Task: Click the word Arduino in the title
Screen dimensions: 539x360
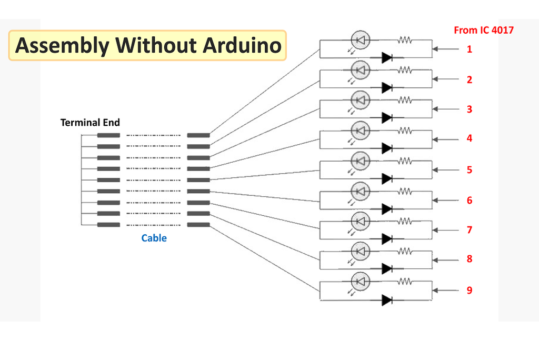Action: [x=242, y=45]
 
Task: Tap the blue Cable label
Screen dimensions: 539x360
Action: [x=154, y=238]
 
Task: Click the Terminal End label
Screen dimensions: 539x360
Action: [x=90, y=123]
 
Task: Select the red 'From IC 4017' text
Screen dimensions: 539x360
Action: [x=484, y=30]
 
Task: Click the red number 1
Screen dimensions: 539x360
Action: [x=469, y=49]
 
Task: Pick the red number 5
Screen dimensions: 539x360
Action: [x=469, y=170]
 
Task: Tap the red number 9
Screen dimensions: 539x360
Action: [x=469, y=290]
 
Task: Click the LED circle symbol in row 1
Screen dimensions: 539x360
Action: [x=360, y=40]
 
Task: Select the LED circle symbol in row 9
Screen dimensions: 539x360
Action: [x=360, y=282]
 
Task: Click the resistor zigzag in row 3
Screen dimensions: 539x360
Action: [x=405, y=101]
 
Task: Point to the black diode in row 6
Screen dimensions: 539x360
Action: [x=387, y=209]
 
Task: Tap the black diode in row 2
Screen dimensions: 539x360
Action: [x=387, y=88]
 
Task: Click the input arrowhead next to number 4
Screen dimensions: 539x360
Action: [x=435, y=139]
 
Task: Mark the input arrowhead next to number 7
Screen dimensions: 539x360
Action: [x=435, y=230]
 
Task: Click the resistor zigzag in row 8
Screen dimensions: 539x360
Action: [x=405, y=252]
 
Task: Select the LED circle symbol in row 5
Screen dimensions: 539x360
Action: [x=360, y=161]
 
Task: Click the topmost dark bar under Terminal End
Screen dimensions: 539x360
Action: [x=108, y=135]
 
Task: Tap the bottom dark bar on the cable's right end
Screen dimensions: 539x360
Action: [x=198, y=225]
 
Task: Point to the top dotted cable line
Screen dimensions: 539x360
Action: [x=153, y=135]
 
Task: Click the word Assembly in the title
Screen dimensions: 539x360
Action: [x=63, y=46]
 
